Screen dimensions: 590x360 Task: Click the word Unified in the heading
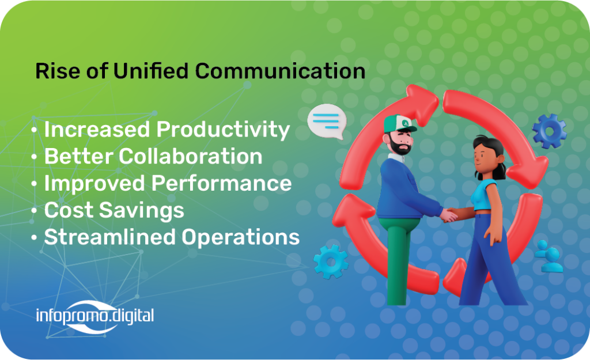coord(150,71)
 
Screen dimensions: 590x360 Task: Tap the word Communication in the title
coord(280,71)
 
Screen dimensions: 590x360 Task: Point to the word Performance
coord(221,183)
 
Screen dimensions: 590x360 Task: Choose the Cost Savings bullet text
coord(114,211)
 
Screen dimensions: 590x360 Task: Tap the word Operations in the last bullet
coord(240,238)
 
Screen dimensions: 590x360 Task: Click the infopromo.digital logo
coord(95,316)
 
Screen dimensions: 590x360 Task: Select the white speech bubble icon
coord(327,121)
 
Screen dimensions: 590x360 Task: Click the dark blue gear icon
coord(549,131)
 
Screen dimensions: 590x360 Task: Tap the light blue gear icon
coord(331,262)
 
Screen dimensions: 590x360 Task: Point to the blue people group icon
coord(549,256)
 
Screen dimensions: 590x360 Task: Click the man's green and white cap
coord(400,123)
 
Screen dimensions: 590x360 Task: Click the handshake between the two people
coord(449,215)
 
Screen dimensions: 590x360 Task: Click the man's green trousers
coord(398,260)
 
